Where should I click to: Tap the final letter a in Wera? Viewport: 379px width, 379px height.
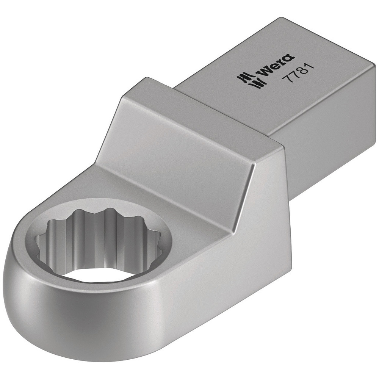(288, 58)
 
